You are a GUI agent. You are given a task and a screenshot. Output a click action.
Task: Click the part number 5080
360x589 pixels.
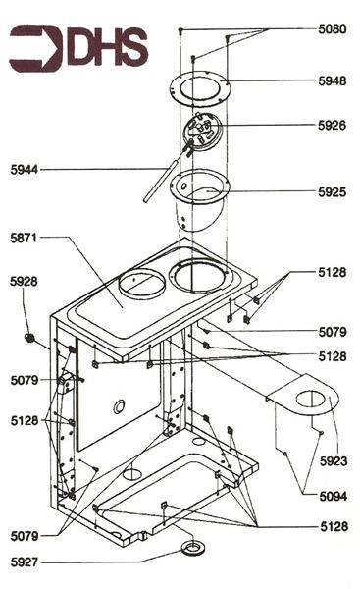click(332, 29)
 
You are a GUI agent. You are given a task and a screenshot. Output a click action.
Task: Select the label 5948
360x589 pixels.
click(332, 81)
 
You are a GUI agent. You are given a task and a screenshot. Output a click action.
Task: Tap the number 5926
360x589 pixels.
click(332, 126)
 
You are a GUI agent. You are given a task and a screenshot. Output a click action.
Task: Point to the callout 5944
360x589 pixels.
click(26, 170)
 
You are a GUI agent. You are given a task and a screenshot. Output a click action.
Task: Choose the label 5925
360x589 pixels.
click(332, 192)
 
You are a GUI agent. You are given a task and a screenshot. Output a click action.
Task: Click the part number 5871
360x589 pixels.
click(26, 238)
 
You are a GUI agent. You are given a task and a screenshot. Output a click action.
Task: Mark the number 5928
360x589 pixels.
click(25, 282)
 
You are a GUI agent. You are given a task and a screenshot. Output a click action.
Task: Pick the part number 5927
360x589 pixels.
click(26, 562)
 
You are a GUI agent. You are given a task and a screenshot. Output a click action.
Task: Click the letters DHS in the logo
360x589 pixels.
click(107, 48)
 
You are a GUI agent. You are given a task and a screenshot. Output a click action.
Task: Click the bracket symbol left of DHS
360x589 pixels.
click(35, 49)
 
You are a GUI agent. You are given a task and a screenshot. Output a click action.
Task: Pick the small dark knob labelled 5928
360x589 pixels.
click(30, 338)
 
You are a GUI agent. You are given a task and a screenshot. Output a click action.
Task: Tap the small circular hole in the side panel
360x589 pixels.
click(119, 405)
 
